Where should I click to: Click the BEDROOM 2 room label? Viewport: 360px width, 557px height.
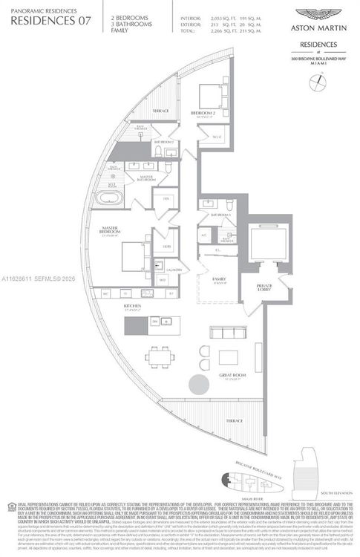pyautogui.click(x=203, y=113)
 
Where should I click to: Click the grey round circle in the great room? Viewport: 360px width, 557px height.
pyautogui.click(x=199, y=385)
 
